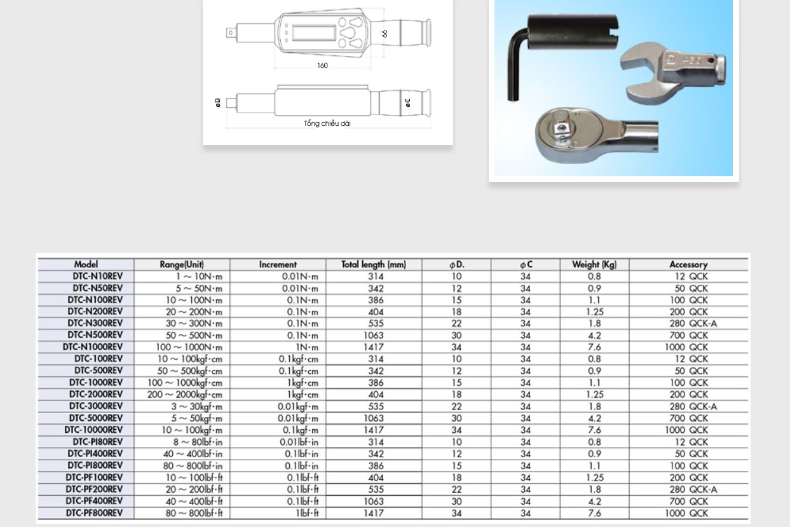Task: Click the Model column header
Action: click(86, 264)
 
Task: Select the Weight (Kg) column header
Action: click(594, 264)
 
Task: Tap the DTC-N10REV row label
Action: click(95, 277)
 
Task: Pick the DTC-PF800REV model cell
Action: click(94, 513)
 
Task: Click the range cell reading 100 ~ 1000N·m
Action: click(189, 347)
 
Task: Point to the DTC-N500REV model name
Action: click(95, 335)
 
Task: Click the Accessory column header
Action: click(688, 264)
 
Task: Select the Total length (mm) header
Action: click(373, 264)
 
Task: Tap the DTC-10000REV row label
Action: click(93, 430)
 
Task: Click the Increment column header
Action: click(278, 264)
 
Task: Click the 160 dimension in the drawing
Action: click(322, 65)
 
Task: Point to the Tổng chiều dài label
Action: click(327, 123)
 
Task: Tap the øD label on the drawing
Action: click(217, 102)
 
